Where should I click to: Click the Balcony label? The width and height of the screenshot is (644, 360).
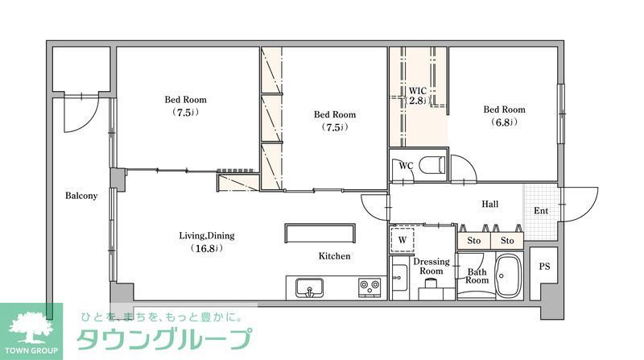[x=81, y=196]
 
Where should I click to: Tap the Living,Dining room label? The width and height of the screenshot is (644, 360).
[x=206, y=236]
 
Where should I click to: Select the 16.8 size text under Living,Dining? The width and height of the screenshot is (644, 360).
[x=206, y=249]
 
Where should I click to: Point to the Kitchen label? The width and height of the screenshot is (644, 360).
[x=334, y=256]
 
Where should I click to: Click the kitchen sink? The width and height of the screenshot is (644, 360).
[x=308, y=287]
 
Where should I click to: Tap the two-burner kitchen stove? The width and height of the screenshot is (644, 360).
[x=370, y=286]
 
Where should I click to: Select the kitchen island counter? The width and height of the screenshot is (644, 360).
[x=320, y=233]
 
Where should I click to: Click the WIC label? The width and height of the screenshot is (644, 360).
[x=417, y=90]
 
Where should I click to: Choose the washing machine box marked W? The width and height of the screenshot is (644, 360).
[x=402, y=239]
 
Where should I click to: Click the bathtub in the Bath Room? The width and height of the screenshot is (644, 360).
[x=507, y=276]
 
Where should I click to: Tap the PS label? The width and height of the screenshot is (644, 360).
[x=544, y=267]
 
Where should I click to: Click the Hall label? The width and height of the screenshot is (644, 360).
[x=491, y=205]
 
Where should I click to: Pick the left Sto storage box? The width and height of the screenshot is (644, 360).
[x=473, y=240]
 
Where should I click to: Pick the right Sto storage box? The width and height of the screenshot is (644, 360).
[x=507, y=240]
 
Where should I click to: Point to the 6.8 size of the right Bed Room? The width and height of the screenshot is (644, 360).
[x=504, y=122]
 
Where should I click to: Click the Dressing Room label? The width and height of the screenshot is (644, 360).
[x=431, y=267]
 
